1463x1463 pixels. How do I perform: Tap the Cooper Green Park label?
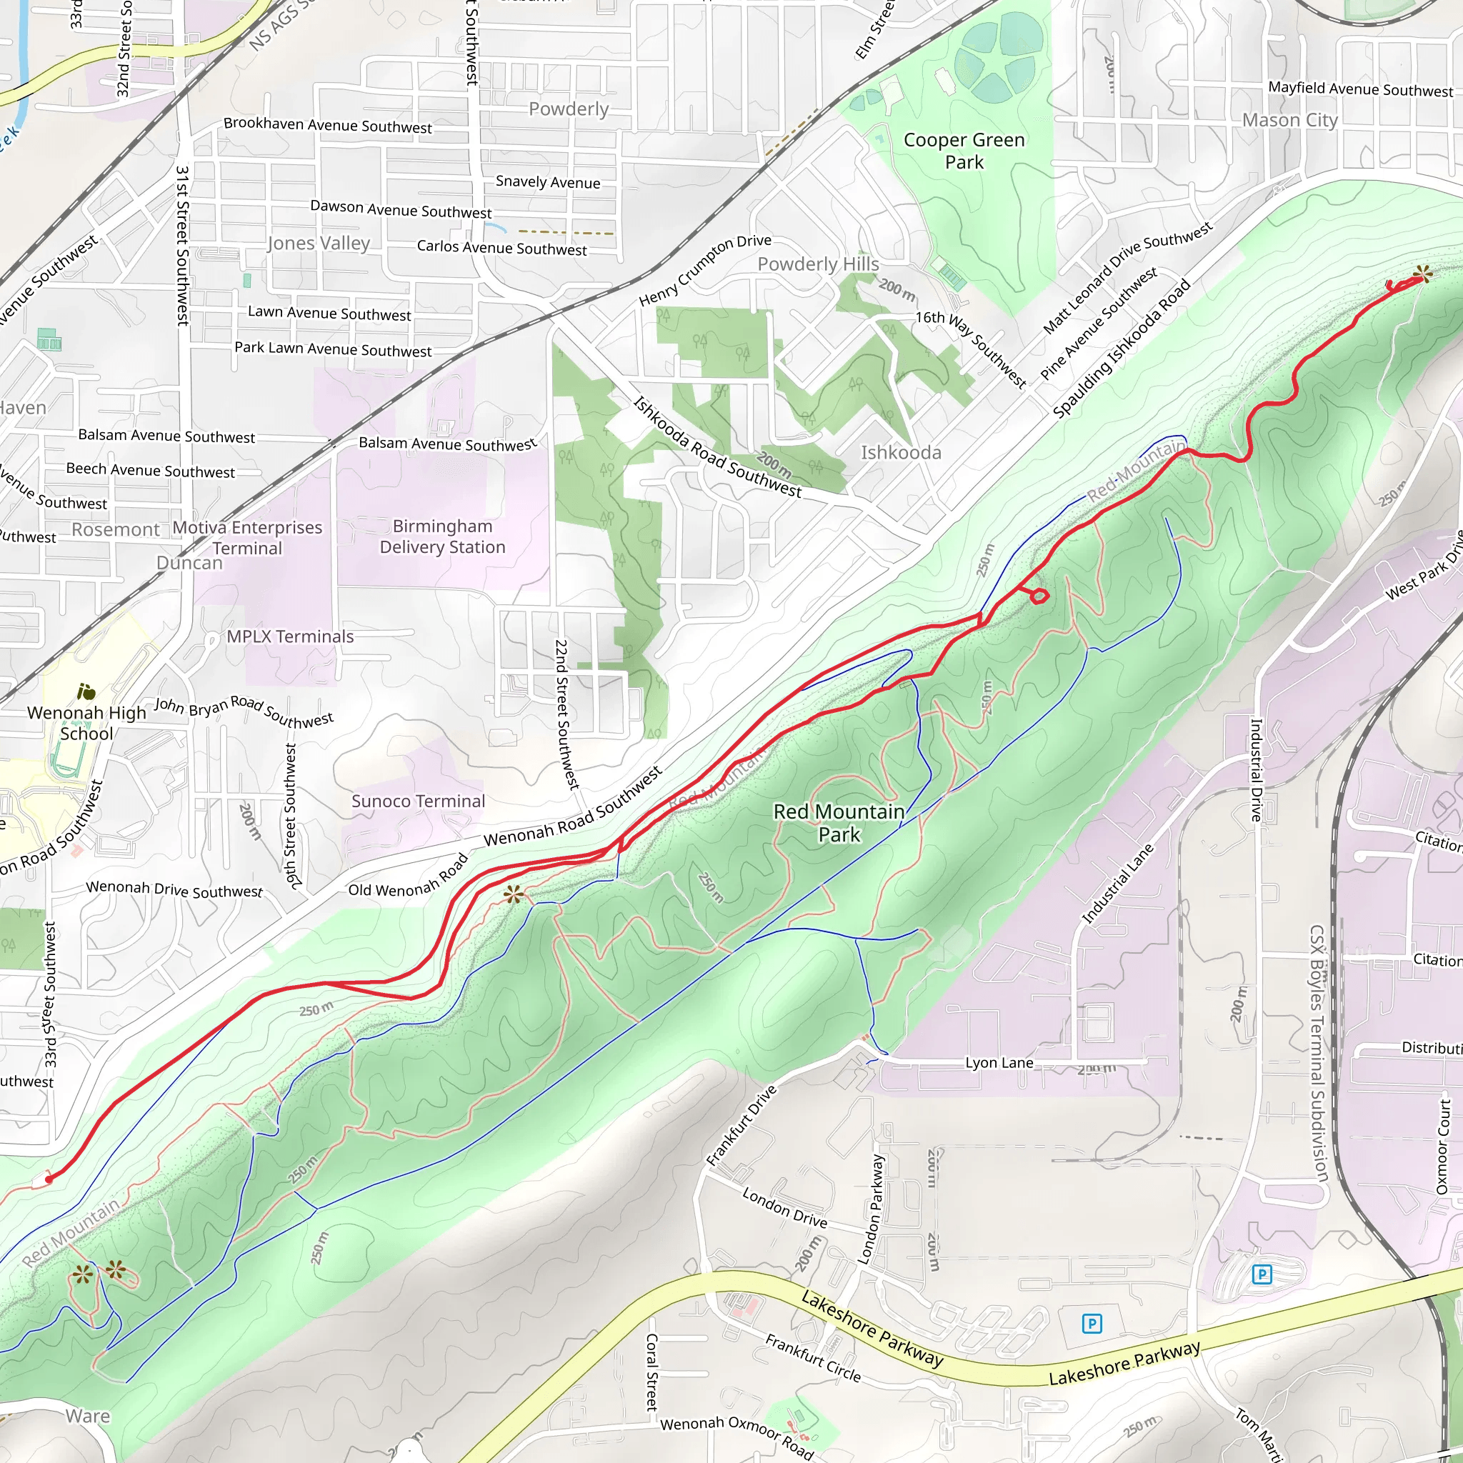click(x=964, y=151)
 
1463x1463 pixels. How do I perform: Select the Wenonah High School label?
click(x=86, y=722)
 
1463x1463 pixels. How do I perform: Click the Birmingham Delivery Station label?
click(x=442, y=536)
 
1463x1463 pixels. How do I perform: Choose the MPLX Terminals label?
click(x=290, y=636)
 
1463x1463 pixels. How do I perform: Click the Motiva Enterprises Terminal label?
click(x=248, y=537)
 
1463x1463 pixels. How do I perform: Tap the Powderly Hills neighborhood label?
click(x=818, y=264)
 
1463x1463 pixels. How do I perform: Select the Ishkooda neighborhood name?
click(x=900, y=452)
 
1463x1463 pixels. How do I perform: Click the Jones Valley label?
click(x=319, y=242)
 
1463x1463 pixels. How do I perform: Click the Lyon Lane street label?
click(x=999, y=1062)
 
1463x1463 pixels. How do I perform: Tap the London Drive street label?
click(x=784, y=1207)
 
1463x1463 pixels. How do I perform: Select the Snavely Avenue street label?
click(x=547, y=181)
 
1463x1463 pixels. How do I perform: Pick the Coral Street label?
click(x=651, y=1372)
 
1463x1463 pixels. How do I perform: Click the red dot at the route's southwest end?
click(x=49, y=1179)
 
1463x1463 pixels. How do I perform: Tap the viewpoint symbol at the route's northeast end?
click(x=1423, y=274)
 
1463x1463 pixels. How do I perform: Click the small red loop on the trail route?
click(x=1039, y=596)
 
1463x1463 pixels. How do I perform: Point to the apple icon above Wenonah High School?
click(x=86, y=691)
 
